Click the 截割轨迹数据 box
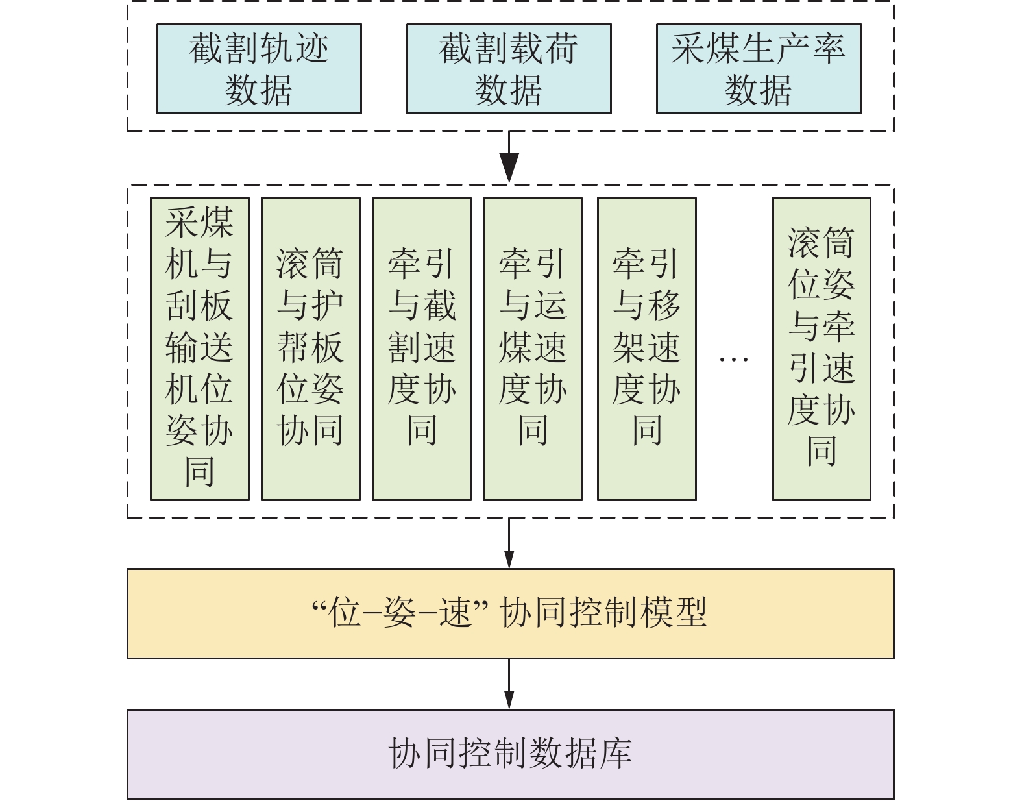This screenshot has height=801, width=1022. coord(259,69)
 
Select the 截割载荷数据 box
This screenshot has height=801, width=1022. coord(509,69)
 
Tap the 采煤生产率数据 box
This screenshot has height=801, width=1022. coord(759,69)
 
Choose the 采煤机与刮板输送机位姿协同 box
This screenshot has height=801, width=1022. coord(200,349)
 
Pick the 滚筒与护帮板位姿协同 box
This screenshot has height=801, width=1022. coord(311,349)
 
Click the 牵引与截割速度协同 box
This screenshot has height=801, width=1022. coord(422,349)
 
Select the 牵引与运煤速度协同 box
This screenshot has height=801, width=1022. coord(533,349)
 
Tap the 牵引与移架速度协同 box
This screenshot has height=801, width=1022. coord(647,349)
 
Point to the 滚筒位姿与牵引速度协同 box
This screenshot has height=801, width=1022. coord(821,349)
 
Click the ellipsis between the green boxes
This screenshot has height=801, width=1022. coord(734,359)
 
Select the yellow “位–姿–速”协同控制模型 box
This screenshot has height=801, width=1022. coord(510,613)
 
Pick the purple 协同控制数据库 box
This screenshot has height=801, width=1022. coord(510,754)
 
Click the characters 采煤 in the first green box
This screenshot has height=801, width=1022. coord(200,223)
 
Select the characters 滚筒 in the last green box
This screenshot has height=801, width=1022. coord(821,242)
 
